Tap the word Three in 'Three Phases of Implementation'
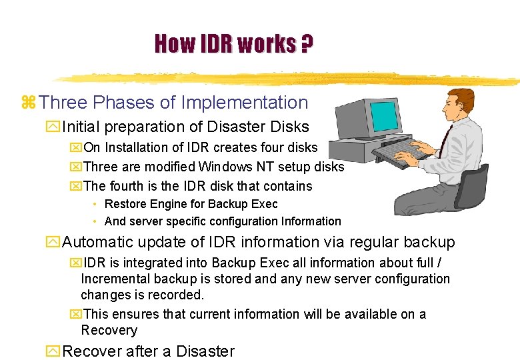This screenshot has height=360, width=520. point(63,103)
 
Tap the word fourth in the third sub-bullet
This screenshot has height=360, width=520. point(127,186)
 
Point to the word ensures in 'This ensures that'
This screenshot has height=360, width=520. point(137,314)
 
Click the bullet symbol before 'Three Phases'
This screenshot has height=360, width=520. point(28,103)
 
